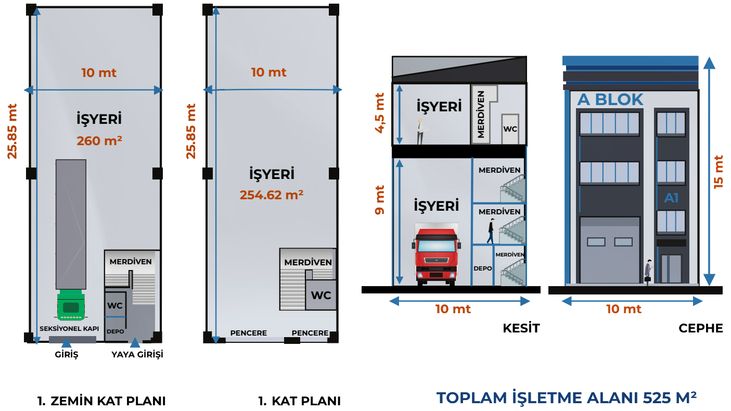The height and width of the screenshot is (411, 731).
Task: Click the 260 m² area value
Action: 99,141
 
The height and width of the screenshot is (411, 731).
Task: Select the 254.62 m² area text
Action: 272,195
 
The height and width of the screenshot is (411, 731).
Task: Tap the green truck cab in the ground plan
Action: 71,305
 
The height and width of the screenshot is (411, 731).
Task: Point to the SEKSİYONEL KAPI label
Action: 69,328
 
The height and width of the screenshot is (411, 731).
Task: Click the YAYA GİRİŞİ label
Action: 137,354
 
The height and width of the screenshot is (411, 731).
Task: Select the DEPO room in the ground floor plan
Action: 115,329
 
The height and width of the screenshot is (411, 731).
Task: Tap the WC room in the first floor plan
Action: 321,295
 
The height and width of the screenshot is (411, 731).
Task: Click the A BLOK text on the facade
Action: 610,99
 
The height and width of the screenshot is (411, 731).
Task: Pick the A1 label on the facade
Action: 671,198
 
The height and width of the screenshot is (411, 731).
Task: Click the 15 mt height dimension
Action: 719,172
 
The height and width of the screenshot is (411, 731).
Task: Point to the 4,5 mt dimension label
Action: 379,113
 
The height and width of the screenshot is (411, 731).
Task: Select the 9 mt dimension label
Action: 379,200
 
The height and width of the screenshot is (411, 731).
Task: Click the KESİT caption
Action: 521,328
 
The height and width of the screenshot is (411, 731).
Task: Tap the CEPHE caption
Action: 701,328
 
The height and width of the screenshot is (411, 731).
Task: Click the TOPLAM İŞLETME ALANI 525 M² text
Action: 567,397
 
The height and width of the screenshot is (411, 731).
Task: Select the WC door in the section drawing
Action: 510,129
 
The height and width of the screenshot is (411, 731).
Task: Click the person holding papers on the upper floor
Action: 421,131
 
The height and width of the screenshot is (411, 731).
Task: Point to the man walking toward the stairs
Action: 491,231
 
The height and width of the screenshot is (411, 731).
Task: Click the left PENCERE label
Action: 248,333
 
